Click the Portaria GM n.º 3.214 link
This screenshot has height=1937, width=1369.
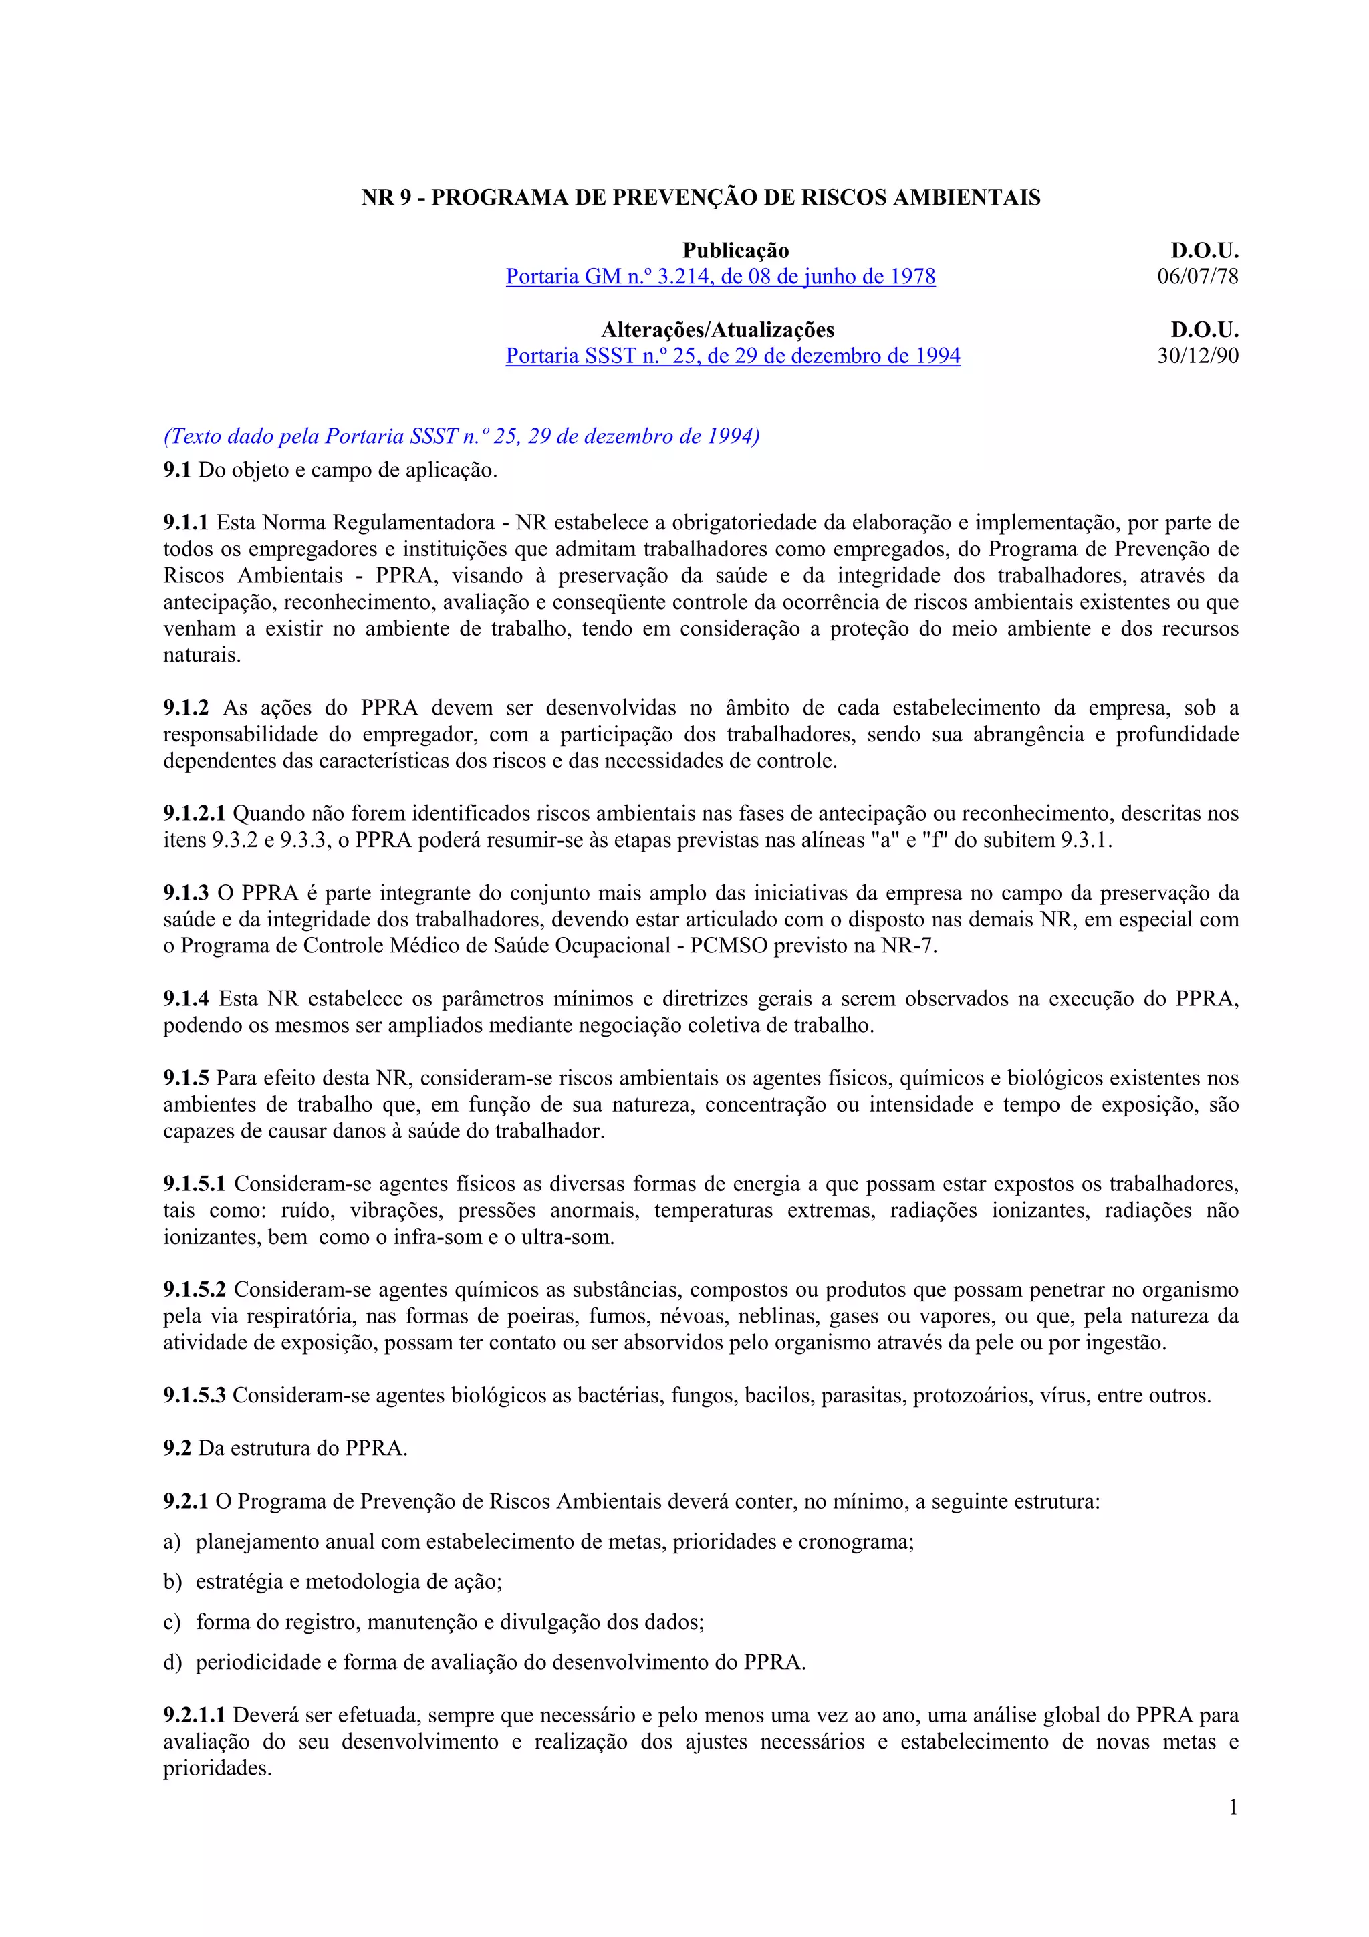[721, 277]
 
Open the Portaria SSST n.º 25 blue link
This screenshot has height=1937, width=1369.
[732, 356]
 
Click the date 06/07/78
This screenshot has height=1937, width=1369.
[1197, 277]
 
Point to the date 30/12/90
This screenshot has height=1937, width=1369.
[1197, 356]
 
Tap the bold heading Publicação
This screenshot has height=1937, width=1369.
[735, 251]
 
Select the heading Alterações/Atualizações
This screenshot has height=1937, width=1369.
[717, 330]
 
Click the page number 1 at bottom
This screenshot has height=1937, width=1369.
[1233, 1807]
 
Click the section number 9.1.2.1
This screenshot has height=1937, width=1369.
[194, 814]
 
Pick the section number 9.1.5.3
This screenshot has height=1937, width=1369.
[194, 1396]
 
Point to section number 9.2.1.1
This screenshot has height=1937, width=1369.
[194, 1715]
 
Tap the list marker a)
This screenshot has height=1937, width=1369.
[172, 1542]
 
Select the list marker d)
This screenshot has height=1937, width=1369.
[172, 1662]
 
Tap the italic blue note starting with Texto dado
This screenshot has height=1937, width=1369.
[461, 436]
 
